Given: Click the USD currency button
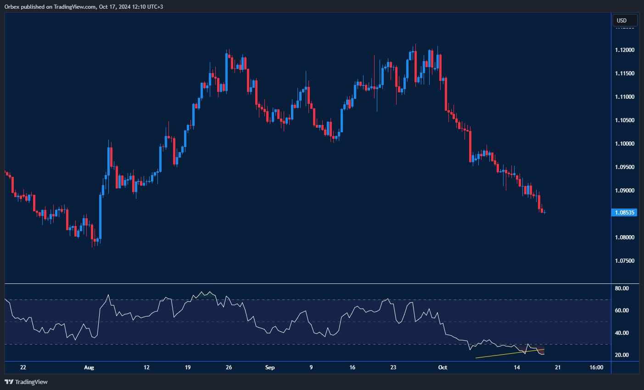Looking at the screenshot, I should (625, 20).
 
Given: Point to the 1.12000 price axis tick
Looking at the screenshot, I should (624, 50).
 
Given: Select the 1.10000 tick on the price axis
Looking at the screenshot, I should (624, 144).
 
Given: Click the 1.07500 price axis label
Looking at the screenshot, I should (624, 261).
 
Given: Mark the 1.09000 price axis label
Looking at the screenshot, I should (624, 191).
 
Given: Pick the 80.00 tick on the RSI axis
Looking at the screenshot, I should (622, 288).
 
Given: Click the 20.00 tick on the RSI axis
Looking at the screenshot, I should (622, 355).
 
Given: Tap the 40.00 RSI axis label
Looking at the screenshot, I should (622, 333).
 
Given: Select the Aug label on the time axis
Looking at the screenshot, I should (89, 367).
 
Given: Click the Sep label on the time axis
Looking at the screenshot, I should (270, 367).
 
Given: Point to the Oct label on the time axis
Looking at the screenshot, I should (442, 367).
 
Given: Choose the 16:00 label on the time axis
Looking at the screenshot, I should (596, 367).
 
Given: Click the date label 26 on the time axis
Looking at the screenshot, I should (229, 367).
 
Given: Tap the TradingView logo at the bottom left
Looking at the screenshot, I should (26, 382).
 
